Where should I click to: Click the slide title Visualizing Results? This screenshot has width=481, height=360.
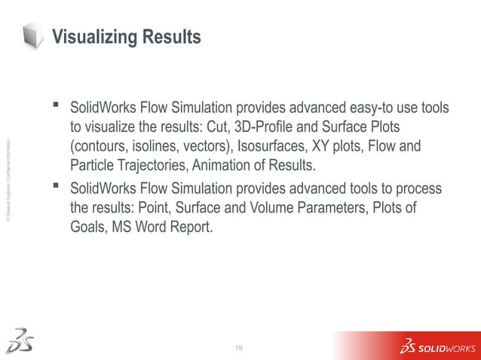[x=126, y=36]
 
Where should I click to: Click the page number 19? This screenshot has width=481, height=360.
[x=240, y=346]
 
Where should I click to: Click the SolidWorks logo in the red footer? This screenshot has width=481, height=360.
[x=437, y=347]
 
